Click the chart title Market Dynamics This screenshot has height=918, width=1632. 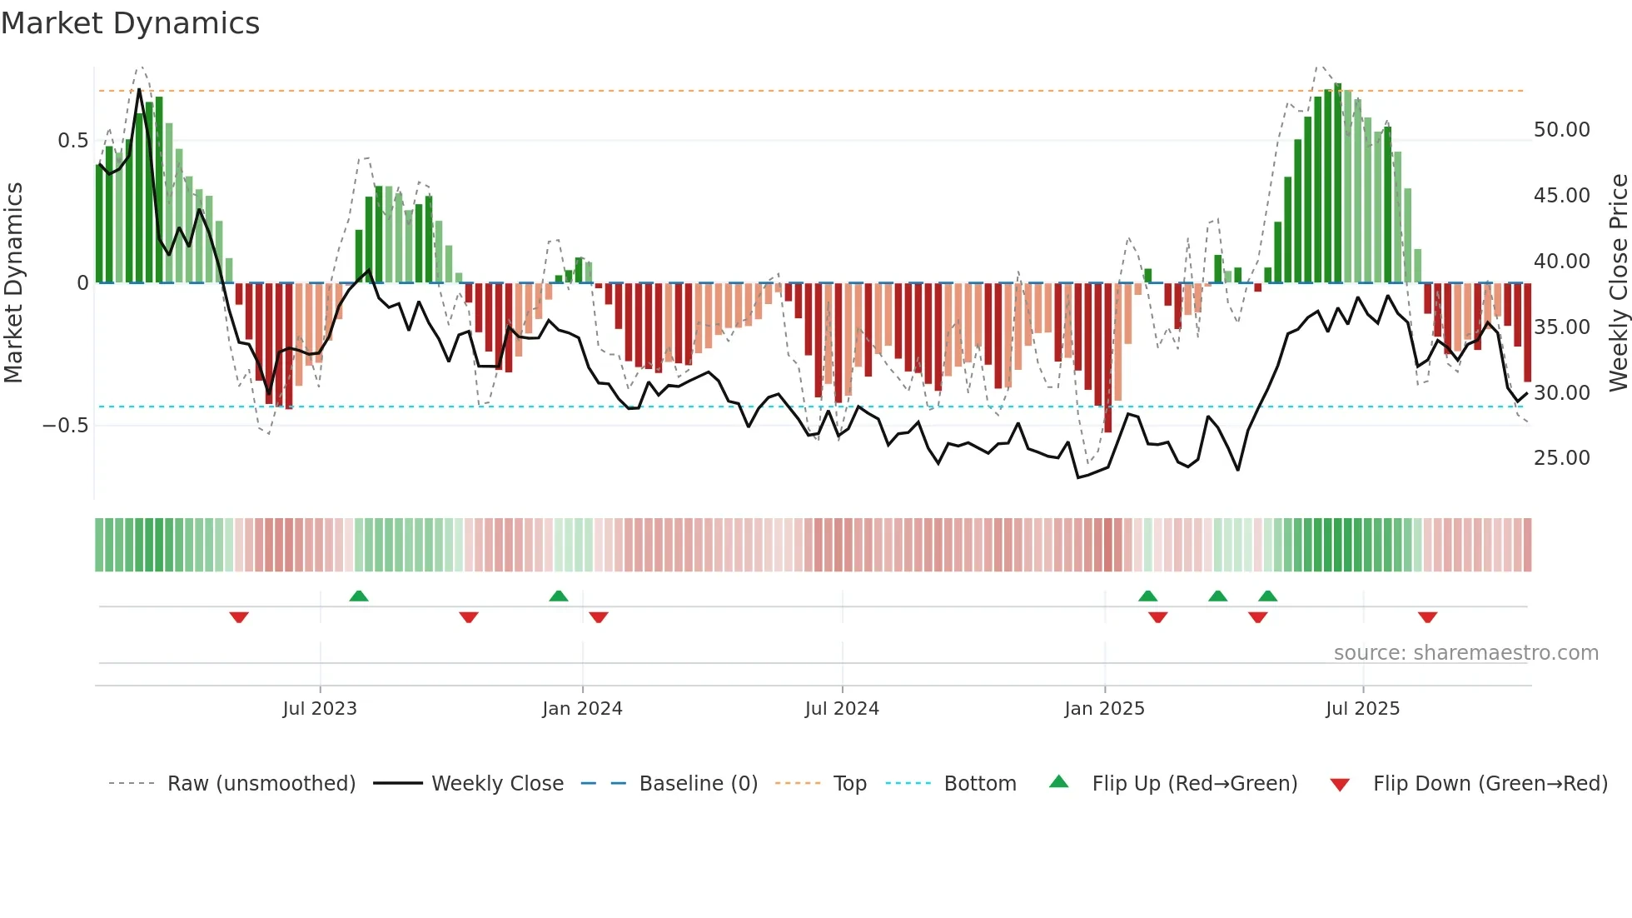point(130,23)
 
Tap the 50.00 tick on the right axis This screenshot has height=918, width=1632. point(1561,130)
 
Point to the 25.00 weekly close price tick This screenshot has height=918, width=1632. point(1561,458)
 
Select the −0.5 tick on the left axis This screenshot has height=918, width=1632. point(66,426)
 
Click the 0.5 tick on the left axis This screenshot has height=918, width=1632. point(72,141)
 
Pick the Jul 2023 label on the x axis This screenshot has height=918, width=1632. point(320,709)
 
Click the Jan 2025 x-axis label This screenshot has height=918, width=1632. point(1104,709)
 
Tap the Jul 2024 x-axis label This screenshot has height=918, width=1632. point(842,709)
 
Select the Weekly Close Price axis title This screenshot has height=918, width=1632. point(1618,282)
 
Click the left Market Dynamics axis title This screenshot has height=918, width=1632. point(13,282)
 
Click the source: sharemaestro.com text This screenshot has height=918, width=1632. point(1465,653)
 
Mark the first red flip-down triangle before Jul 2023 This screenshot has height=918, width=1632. point(239,617)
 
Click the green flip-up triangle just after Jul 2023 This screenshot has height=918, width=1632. point(359,596)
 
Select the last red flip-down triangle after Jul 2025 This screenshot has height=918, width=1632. point(1427,617)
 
